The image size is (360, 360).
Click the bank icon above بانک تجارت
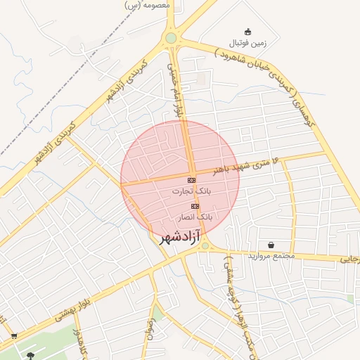192,181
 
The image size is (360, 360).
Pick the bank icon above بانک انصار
195,206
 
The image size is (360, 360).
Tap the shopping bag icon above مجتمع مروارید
271,245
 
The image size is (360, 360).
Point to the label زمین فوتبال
248,41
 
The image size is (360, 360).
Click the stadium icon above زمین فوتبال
247,32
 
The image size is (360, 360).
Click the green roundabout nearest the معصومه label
171,38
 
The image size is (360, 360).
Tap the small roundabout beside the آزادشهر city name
205,245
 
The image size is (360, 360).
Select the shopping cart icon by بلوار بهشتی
14,335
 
